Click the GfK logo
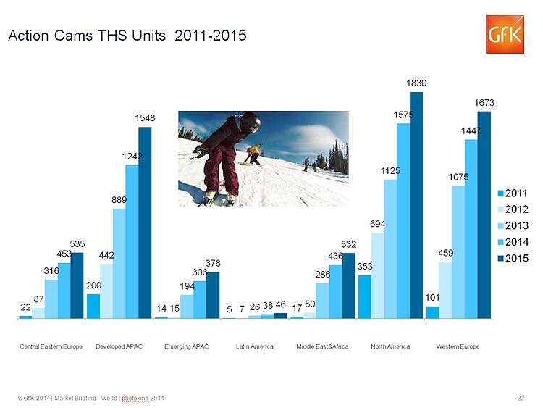pyautogui.click(x=505, y=34)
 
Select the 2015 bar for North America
pyautogui.click(x=416, y=205)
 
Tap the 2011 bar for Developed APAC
pyautogui.click(x=93, y=307)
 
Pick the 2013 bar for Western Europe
pyautogui.click(x=458, y=252)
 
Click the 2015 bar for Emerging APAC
pyautogui.click(x=213, y=295)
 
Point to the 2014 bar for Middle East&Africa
pyautogui.click(x=335, y=291)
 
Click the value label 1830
pyautogui.click(x=416, y=83)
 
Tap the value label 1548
pyautogui.click(x=145, y=118)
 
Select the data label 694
pyautogui.click(x=377, y=224)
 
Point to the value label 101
pyautogui.click(x=432, y=297)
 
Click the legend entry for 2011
pyautogui.click(x=513, y=193)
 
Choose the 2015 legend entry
pyautogui.click(x=513, y=258)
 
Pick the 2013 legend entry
pyautogui.click(x=513, y=225)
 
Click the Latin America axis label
pyautogui.click(x=255, y=346)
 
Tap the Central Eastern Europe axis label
pyautogui.click(x=51, y=346)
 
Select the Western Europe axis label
pyautogui.click(x=458, y=346)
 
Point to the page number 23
pyautogui.click(x=521, y=399)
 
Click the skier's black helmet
pyautogui.click(x=250, y=122)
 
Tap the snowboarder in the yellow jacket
pyautogui.click(x=253, y=154)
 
